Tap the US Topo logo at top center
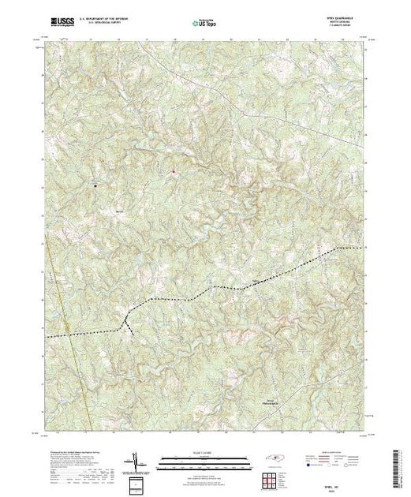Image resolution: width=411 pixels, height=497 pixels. (x=205, y=23)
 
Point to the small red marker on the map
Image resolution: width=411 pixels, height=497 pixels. (x=174, y=170)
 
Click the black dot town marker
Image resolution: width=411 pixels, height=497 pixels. (x=96, y=186)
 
